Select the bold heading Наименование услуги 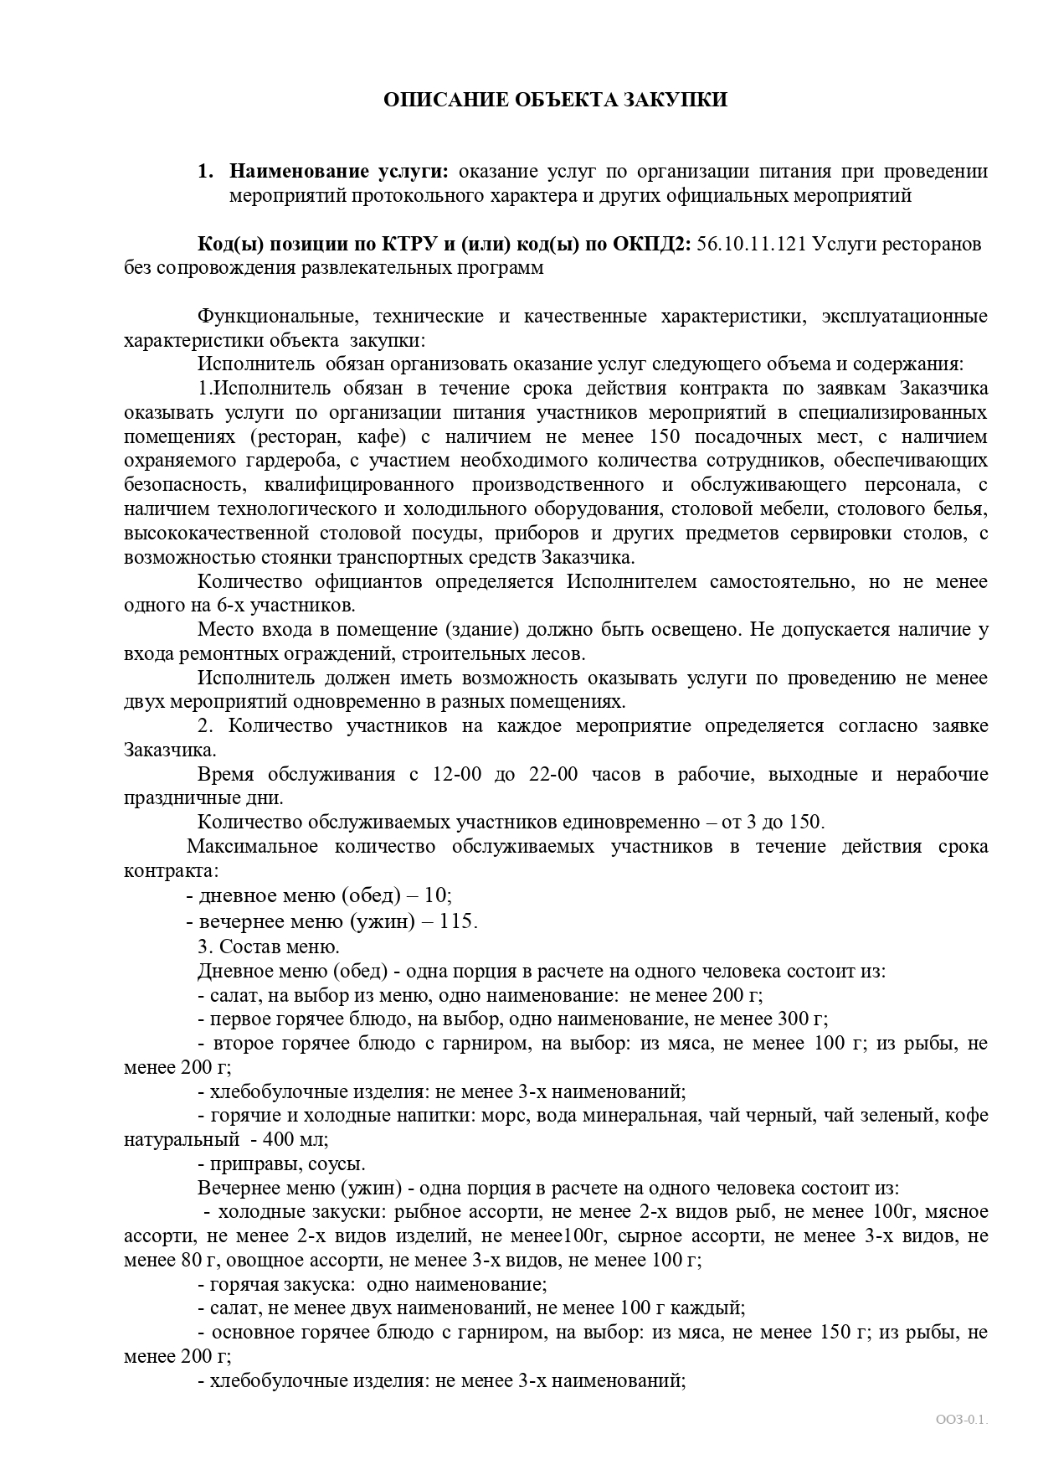tap(339, 172)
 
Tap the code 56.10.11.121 tap(750, 244)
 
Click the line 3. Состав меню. tap(268, 946)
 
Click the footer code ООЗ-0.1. tap(962, 1420)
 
